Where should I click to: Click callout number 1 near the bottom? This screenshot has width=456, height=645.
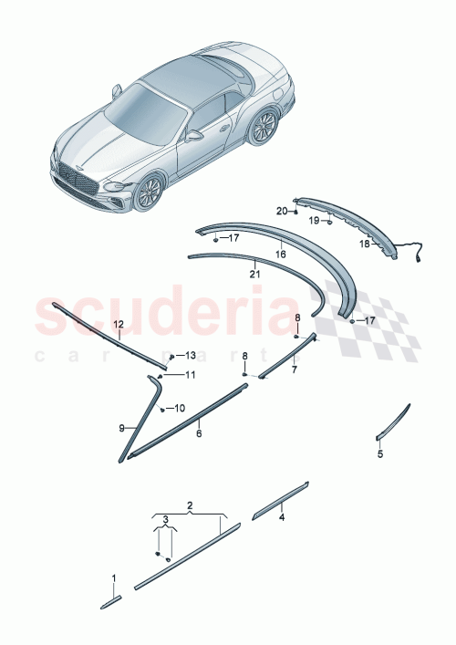[114, 577]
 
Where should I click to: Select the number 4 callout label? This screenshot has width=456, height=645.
[282, 517]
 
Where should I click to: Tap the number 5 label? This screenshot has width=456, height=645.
[380, 453]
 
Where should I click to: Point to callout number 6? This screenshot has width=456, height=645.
[199, 434]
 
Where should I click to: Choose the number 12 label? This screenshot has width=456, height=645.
[118, 324]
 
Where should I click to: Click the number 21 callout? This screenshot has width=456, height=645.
[254, 272]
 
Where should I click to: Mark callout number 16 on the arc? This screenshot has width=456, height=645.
[280, 255]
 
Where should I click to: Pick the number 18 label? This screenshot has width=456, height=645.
[363, 244]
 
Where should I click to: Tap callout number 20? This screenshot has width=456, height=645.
[282, 211]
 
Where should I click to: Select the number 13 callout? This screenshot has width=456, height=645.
[179, 355]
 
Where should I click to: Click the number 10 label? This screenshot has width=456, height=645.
[179, 408]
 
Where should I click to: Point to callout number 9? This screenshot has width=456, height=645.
[121, 426]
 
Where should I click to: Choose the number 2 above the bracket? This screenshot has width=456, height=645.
[190, 504]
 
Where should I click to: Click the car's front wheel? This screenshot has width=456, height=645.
[149, 192]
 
